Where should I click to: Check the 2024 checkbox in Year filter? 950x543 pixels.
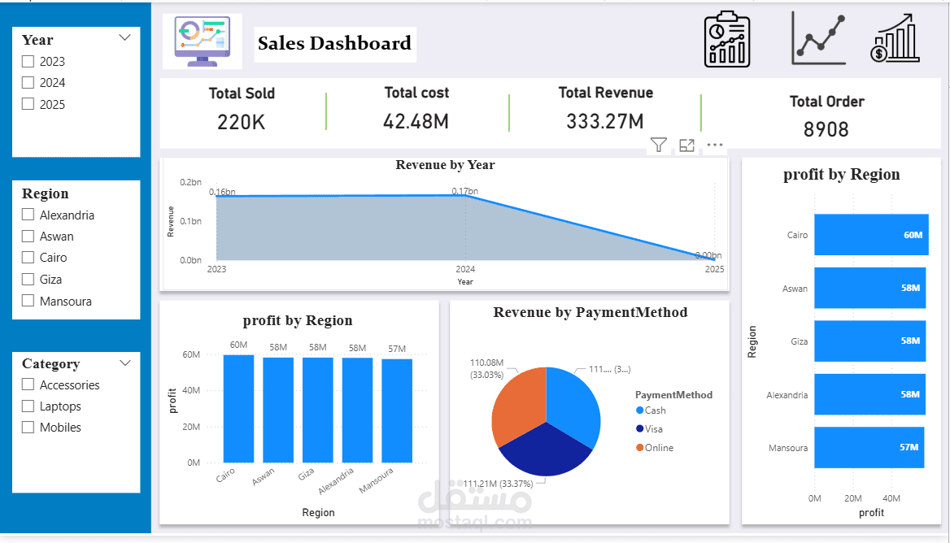tap(28, 83)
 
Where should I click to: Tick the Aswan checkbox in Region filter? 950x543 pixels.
tap(28, 237)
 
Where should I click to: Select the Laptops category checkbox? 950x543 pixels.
tap(28, 406)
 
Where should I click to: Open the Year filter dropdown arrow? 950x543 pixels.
tap(124, 38)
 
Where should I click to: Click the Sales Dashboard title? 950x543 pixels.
tap(334, 44)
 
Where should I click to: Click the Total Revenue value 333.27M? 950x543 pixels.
tap(604, 122)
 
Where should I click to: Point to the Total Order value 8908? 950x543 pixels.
tap(826, 129)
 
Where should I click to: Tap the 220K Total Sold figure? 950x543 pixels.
tap(241, 123)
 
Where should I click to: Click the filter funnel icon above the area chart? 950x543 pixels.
tap(658, 146)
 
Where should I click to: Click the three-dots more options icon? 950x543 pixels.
tap(714, 146)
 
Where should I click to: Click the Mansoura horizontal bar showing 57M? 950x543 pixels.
tap(869, 447)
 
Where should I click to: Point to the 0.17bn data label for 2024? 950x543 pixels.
tap(465, 192)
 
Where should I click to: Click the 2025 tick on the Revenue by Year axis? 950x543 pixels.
tap(714, 269)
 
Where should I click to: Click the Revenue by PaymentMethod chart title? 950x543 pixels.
tap(590, 312)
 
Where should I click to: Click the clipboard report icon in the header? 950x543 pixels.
tap(726, 39)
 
